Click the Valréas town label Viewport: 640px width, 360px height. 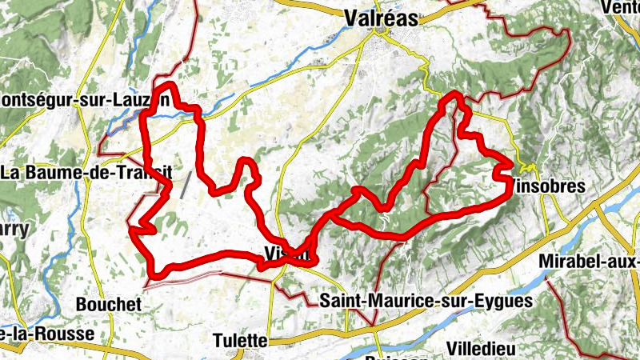(x=381, y=18)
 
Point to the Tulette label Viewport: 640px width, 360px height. (x=240, y=339)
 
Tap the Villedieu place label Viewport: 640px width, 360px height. (x=481, y=348)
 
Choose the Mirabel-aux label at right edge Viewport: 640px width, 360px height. (x=590, y=262)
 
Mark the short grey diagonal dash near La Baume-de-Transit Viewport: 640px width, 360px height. (x=186, y=186)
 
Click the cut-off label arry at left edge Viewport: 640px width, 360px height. (x=14, y=230)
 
